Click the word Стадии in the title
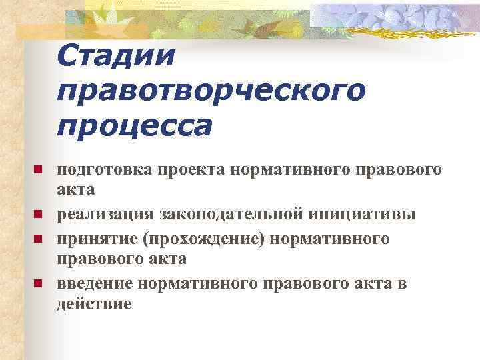[x=116, y=56]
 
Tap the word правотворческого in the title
[x=211, y=91]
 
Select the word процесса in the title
[x=134, y=125]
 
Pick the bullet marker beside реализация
[x=38, y=214]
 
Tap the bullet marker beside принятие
[x=38, y=238]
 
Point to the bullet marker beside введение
[x=38, y=284]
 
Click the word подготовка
[x=105, y=170]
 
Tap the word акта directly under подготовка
[x=75, y=189]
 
